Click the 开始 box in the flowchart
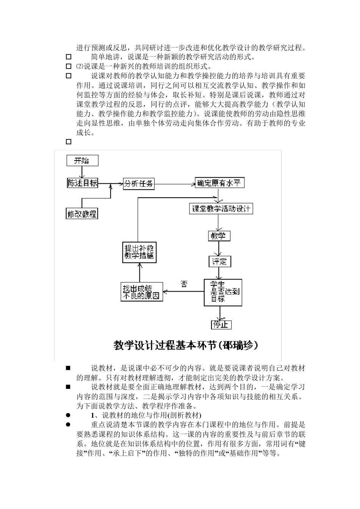coord(82,161)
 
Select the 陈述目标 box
coord(82,183)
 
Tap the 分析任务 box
coord(139,184)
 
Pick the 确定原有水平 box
coord(219,183)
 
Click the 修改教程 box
coord(82,214)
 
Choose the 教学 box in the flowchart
coord(219,236)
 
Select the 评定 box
coord(219,261)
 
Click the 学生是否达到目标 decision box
coord(222,292)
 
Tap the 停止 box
coord(221,325)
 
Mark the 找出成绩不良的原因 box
coord(142,292)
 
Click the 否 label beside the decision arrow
coord(184,284)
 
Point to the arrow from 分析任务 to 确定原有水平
coord(174,184)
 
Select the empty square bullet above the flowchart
coord(69,142)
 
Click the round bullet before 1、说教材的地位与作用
coord(69,415)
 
